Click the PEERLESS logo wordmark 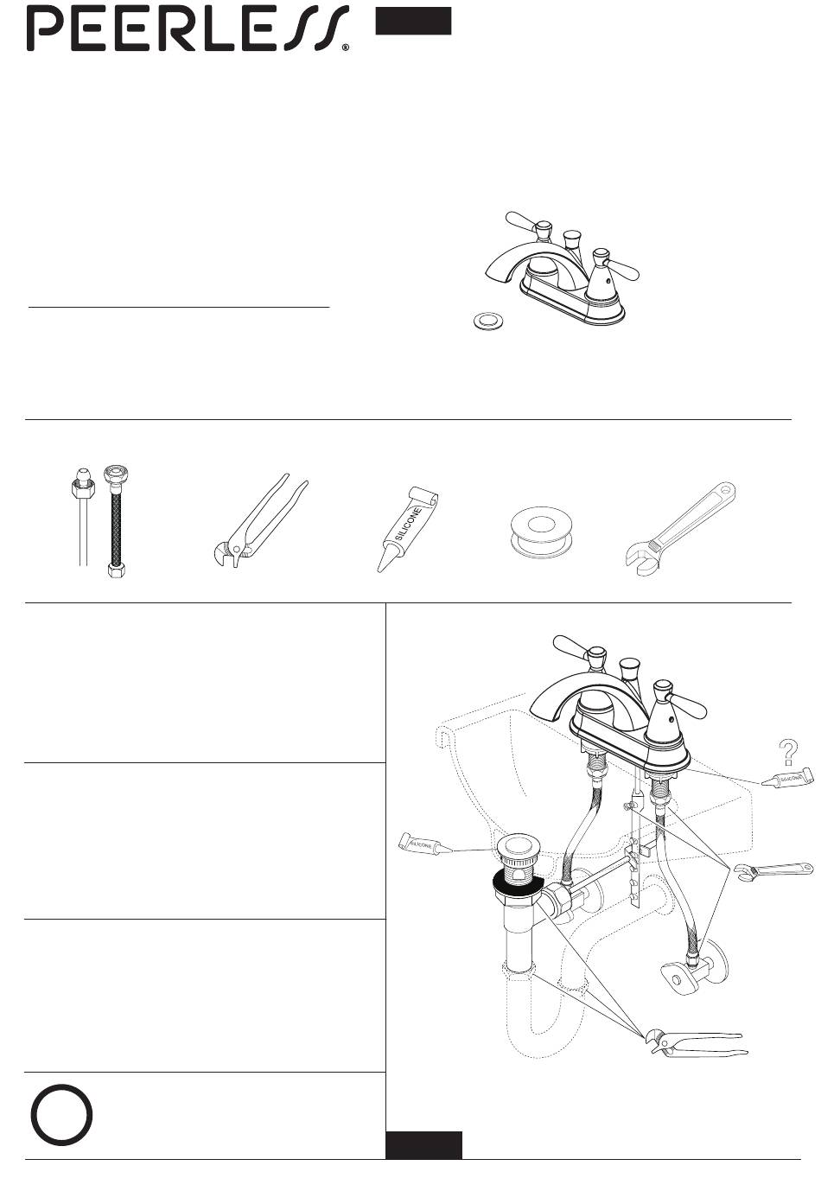188,29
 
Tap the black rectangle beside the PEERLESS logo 413,21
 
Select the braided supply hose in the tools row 116,521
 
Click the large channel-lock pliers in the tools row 258,520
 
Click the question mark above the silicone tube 787,752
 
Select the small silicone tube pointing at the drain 425,844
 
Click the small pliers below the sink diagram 696,1043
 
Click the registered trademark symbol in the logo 346,48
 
